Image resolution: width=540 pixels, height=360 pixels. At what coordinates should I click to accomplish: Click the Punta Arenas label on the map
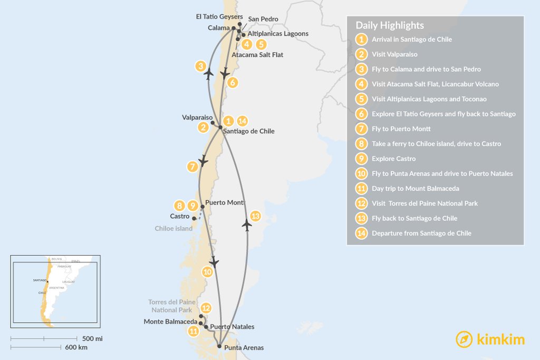(244, 348)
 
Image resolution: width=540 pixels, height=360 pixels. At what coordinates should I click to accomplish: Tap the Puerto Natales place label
(232, 327)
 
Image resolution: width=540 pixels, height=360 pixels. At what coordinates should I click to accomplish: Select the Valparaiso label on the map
(197, 118)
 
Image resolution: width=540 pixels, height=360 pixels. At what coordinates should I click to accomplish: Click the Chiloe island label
(173, 229)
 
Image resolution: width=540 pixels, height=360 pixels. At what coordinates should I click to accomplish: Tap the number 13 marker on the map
(255, 216)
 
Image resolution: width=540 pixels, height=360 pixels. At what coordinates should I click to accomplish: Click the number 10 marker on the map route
(207, 271)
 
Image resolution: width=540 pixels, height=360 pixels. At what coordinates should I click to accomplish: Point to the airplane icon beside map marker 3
(209, 74)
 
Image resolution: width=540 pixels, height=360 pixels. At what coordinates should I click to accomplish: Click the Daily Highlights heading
(389, 25)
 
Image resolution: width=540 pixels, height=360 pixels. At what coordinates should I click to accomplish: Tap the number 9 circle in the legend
(361, 159)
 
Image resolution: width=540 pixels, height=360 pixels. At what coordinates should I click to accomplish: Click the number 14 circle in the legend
(361, 233)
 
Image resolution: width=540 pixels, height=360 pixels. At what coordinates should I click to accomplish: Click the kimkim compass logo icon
(464, 339)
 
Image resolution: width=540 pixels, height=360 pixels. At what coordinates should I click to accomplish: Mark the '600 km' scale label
(76, 347)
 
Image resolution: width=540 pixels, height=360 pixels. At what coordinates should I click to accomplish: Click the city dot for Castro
(194, 218)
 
